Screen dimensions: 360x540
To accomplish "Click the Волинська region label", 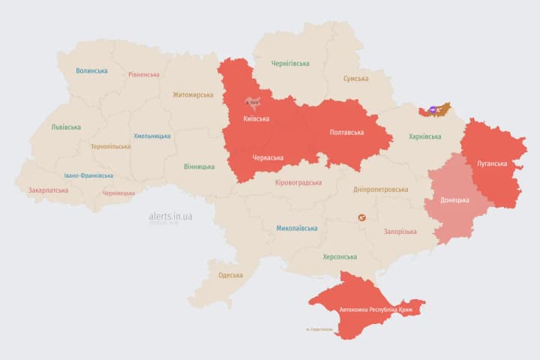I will point(91,71).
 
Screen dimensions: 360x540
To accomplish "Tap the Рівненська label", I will point(143,75).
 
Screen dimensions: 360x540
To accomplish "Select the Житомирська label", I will point(193,95).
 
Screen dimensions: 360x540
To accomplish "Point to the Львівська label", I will point(66,127).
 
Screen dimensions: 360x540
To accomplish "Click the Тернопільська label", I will point(110,147).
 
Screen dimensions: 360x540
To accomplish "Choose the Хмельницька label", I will point(151,136).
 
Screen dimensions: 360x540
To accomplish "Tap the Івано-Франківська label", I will point(88,175).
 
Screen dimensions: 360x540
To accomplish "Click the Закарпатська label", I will point(48,190).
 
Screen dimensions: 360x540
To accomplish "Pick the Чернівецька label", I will point(118,193).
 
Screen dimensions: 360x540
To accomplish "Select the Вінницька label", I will point(199,166).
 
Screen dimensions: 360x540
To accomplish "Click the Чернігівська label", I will point(290,64).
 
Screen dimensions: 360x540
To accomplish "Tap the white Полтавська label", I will point(346,133).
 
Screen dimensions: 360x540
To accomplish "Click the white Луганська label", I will point(492,163).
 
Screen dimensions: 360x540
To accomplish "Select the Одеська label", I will point(230,275).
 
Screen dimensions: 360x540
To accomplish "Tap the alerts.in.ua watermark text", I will point(170,216).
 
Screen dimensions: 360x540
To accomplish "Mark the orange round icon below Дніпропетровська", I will point(362,217).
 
